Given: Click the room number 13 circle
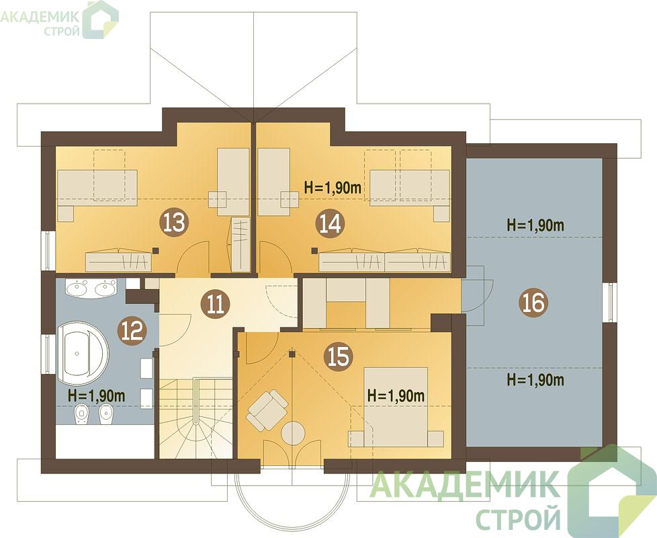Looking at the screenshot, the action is (x=174, y=222).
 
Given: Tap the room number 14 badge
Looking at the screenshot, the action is (x=330, y=224).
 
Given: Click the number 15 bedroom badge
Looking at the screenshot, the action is (x=339, y=357).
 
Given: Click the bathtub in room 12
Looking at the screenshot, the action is (x=83, y=353).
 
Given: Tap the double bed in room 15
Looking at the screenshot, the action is (x=396, y=407).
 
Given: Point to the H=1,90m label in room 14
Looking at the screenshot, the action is (x=333, y=188).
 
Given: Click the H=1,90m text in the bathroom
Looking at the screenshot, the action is (x=96, y=395).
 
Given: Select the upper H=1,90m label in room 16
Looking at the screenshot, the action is (x=535, y=225).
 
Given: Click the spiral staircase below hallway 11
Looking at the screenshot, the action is (x=195, y=418).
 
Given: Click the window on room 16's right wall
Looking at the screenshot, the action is (x=610, y=303).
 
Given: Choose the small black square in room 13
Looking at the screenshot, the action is (x=156, y=251).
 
